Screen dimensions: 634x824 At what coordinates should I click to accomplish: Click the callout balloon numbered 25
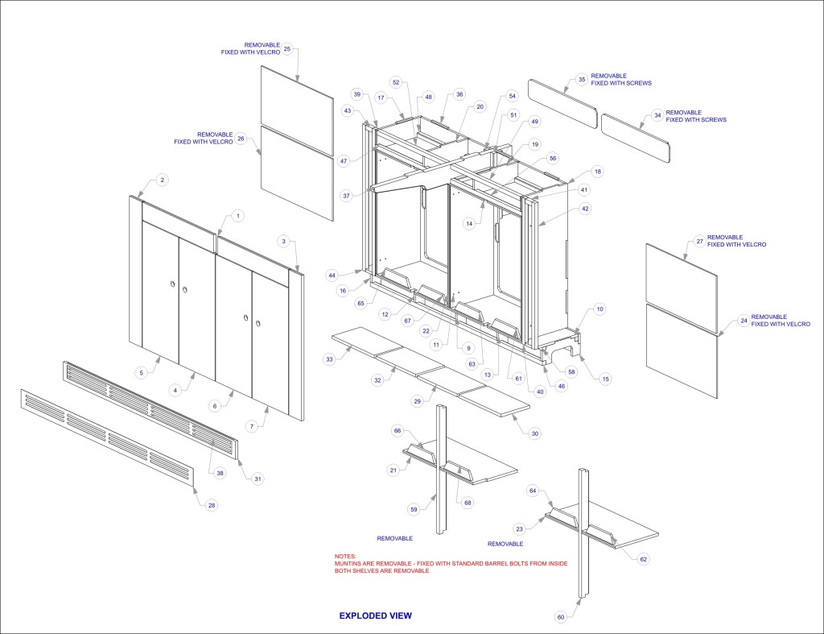[287, 48]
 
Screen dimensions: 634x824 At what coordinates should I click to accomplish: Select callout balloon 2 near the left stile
[162, 180]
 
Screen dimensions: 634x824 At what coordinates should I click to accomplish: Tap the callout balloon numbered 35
[581, 80]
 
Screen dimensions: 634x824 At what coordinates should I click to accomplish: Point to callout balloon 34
[657, 116]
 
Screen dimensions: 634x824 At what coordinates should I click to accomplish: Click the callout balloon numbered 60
[561, 617]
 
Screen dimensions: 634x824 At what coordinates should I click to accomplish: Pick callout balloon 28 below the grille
[212, 505]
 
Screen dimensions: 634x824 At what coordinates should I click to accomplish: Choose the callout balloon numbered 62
[643, 558]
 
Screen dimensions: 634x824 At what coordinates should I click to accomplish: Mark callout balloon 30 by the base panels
[534, 433]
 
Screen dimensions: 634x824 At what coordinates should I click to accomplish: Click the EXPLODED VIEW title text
[375, 615]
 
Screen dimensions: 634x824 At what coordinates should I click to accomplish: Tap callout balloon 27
[699, 241]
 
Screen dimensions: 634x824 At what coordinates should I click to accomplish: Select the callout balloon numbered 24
[743, 321]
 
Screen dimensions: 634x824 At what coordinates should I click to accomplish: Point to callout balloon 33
[329, 359]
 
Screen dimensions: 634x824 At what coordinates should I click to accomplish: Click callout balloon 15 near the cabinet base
[606, 379]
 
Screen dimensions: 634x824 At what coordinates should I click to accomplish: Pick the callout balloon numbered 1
[237, 216]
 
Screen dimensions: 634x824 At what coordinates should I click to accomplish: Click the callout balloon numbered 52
[396, 83]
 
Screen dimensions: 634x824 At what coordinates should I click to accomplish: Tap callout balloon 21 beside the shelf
[393, 470]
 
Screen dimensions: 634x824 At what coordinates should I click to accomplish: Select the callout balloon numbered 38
[220, 473]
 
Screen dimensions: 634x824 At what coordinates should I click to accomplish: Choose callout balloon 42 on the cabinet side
[585, 209]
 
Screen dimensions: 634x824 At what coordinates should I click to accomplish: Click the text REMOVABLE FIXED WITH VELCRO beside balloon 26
[204, 138]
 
